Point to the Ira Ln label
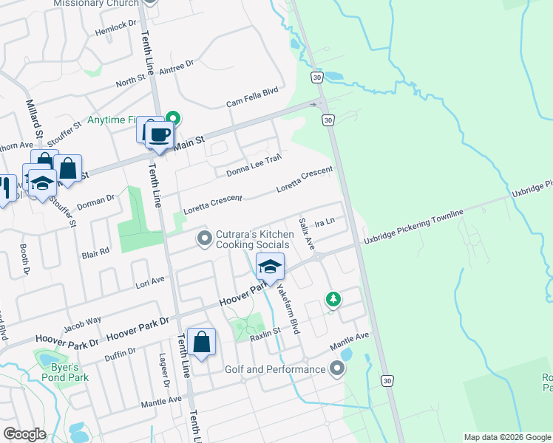[325, 221]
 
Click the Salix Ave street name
[307, 233]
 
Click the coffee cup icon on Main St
[159, 134]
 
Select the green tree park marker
[333, 299]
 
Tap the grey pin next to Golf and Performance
[338, 368]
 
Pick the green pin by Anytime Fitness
[173, 117]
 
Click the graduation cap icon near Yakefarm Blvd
[270, 266]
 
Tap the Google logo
[25, 434]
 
